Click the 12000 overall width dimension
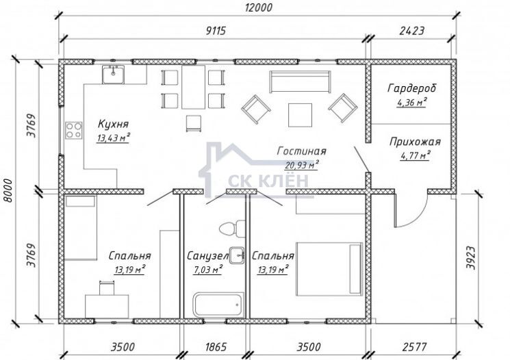(259, 7)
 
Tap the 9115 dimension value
(216, 31)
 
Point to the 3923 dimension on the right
(471, 257)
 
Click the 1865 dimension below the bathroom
(216, 347)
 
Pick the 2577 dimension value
(414, 347)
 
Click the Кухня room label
(113, 124)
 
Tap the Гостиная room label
(301, 151)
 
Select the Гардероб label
(412, 88)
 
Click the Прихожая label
(415, 142)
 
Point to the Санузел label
(208, 256)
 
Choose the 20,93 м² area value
(301, 165)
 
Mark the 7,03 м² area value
(207, 270)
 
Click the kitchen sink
(113, 75)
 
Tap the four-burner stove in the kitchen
(73, 131)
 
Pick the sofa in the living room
(300, 81)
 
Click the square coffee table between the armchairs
(300, 115)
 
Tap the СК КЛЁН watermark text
(268, 180)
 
